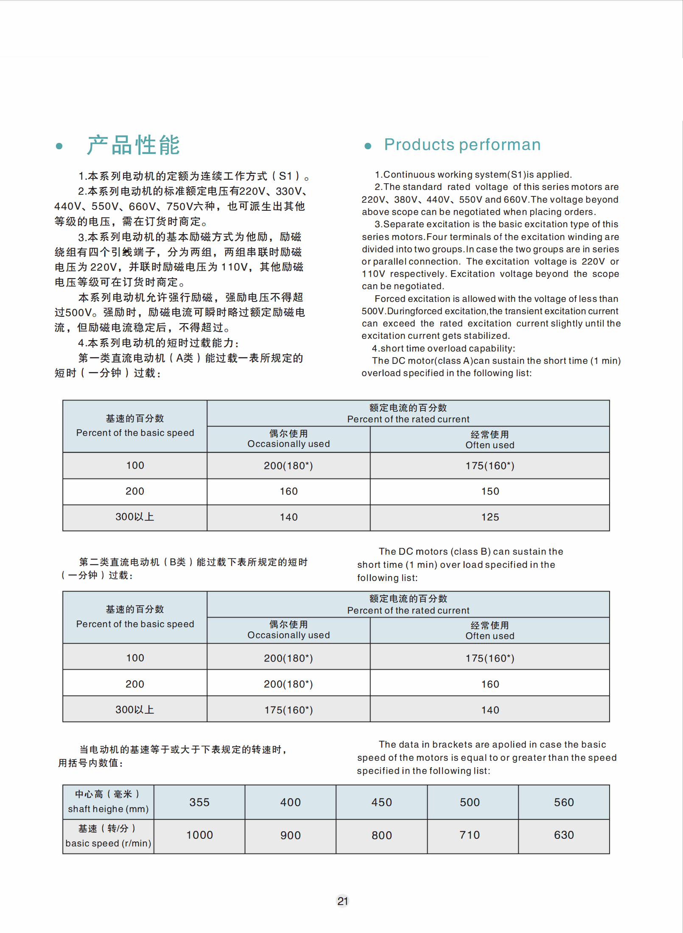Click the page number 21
point(342,901)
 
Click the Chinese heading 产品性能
point(134,145)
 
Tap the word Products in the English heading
point(419,145)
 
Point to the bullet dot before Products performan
point(368,146)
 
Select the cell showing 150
point(490,491)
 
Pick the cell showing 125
point(490,517)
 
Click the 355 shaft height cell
point(199,802)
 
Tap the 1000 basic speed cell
point(199,835)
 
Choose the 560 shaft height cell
point(563,802)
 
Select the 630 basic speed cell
point(563,835)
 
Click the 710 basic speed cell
point(469,835)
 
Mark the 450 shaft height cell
point(381,802)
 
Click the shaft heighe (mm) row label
point(108,809)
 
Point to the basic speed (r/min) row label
point(108,843)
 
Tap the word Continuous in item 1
point(409,174)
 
